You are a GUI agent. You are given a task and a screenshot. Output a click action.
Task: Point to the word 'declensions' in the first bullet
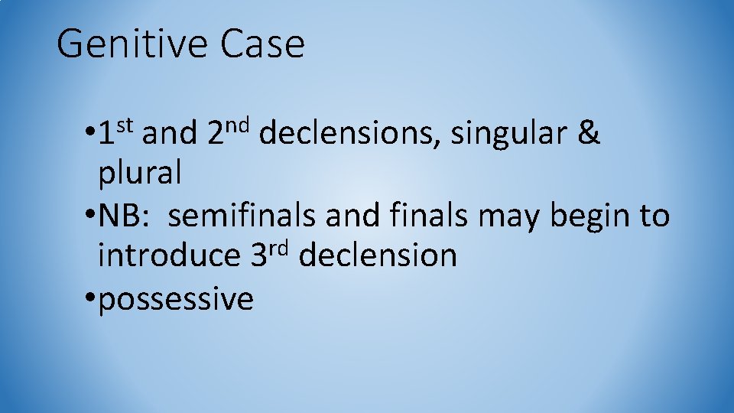point(350,135)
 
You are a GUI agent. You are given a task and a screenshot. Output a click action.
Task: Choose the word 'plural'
point(139,175)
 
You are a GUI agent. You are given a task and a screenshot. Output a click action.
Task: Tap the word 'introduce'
point(168,256)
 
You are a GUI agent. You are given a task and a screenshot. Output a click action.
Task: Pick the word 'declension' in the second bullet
point(378,256)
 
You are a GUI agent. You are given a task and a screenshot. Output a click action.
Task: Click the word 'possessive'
point(176,298)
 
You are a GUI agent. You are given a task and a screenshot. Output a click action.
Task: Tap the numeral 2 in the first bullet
point(215,135)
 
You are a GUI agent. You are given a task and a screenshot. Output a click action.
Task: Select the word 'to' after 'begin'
point(654,217)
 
